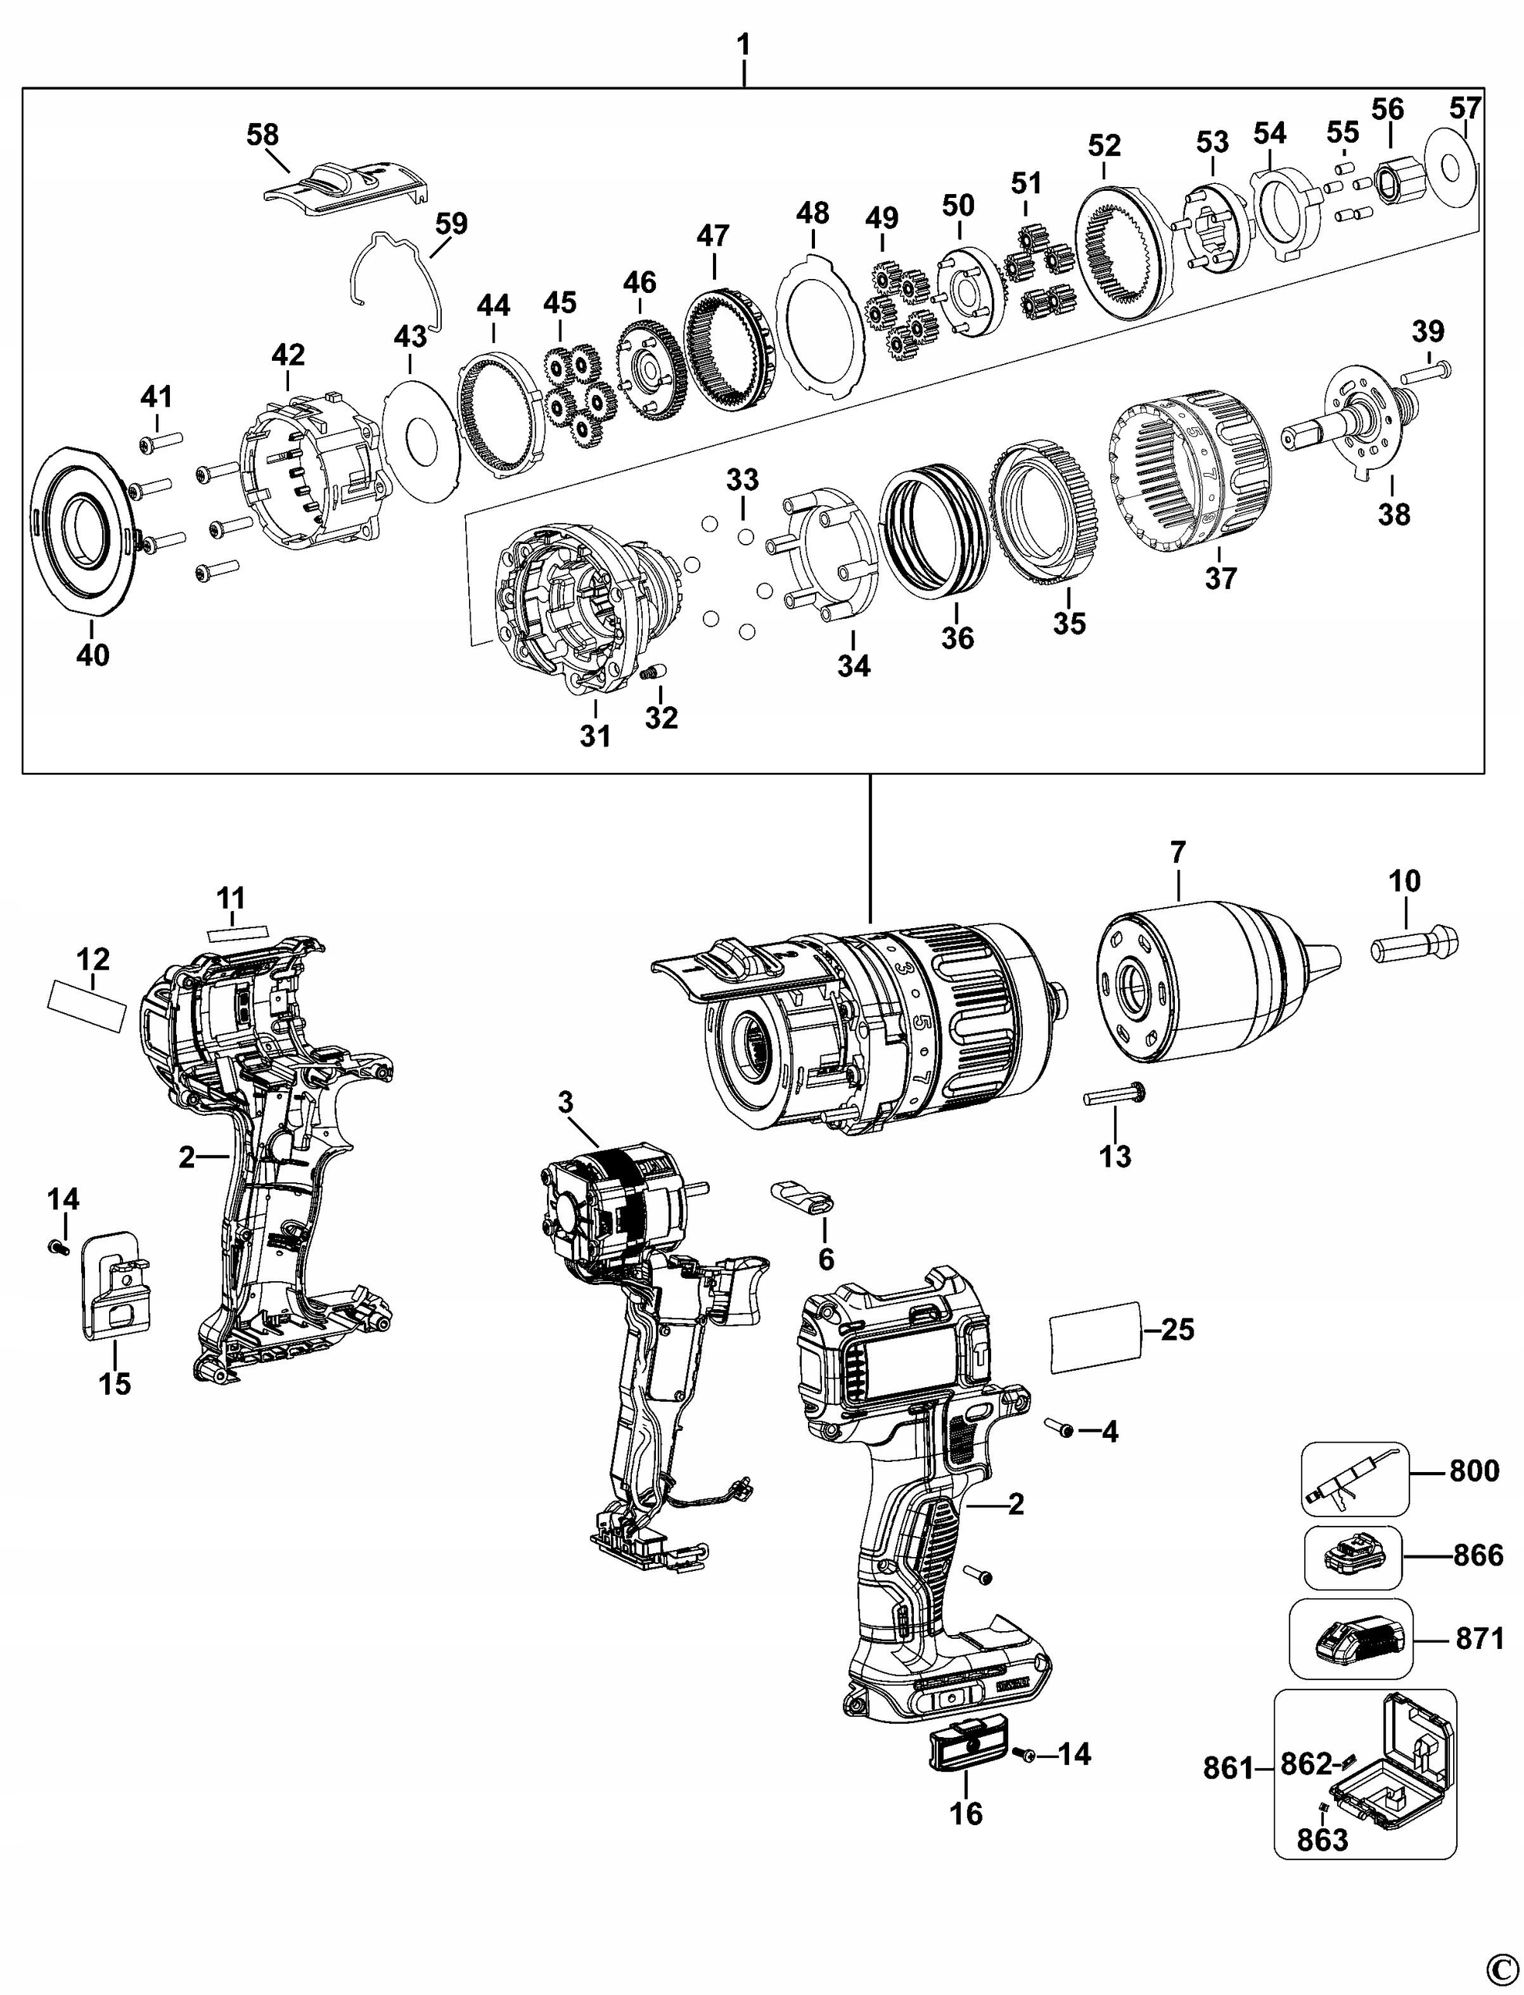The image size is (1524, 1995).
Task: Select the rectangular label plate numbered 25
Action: (x=1094, y=1336)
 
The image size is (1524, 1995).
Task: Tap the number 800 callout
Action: (x=1474, y=1471)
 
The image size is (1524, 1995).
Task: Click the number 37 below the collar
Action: (x=1220, y=578)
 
